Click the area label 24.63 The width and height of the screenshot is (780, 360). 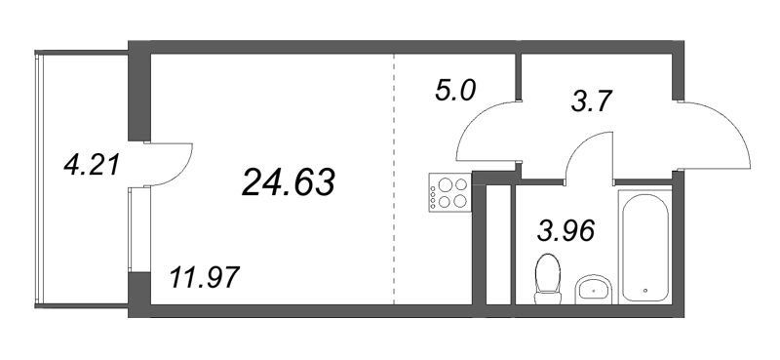288,181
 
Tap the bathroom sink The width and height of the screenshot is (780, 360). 594,288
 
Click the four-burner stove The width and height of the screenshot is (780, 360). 449,192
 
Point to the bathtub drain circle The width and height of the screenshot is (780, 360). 647,291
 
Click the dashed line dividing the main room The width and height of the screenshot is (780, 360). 394,176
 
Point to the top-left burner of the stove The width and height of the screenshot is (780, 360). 441,183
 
